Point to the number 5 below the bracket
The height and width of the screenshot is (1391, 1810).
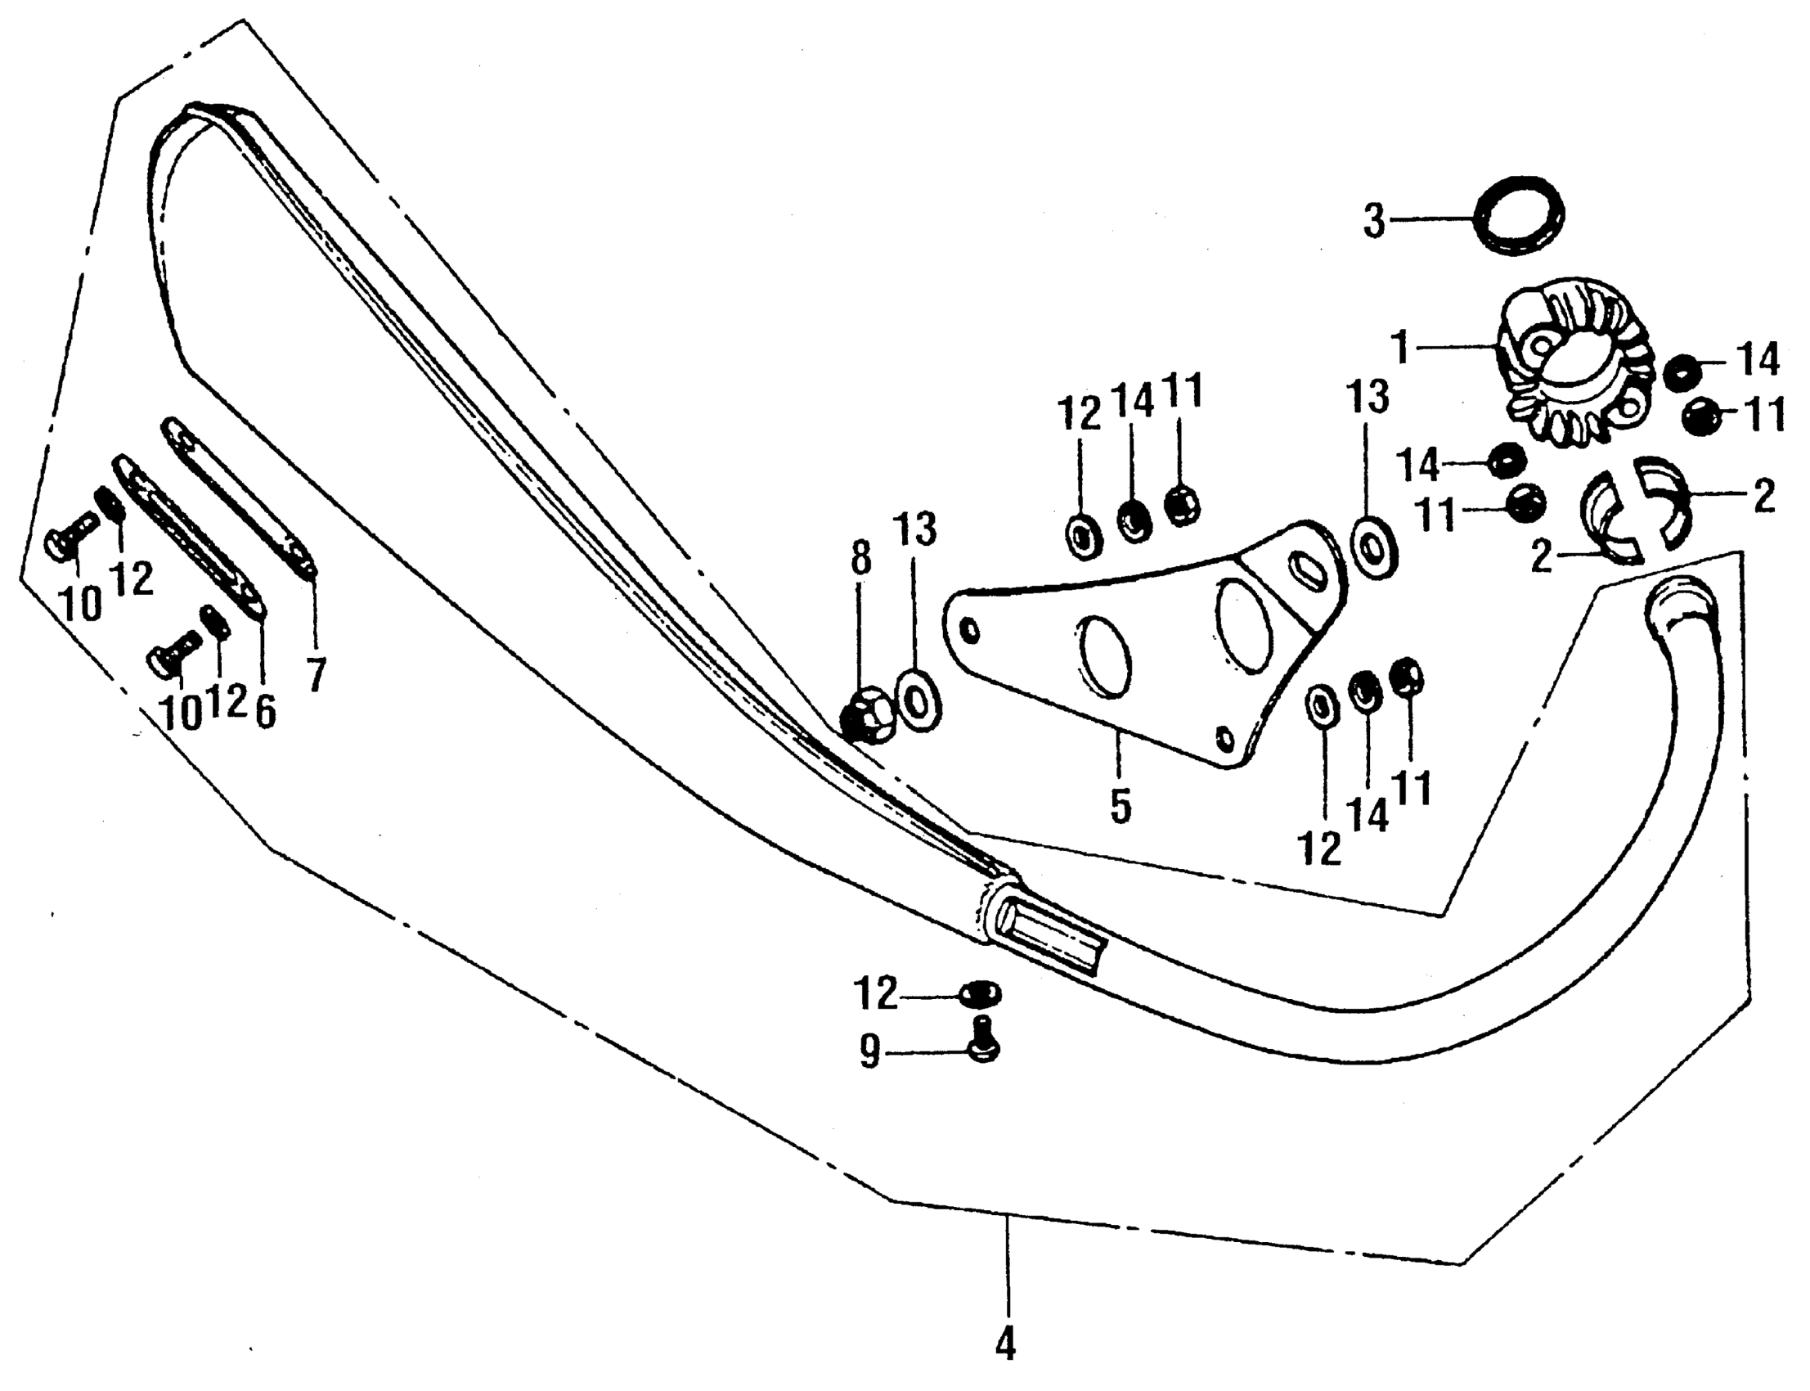coord(1121,807)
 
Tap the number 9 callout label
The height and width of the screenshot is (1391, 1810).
coord(868,1054)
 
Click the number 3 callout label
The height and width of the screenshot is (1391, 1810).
coord(1373,221)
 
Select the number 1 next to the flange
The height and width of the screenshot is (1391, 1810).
coord(1399,348)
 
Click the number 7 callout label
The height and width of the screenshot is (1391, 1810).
coord(316,673)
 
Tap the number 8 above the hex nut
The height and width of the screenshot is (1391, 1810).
coord(860,559)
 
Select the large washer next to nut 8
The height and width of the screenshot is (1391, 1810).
coord(918,702)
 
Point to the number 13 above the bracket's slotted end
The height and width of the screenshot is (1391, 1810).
coord(1368,398)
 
